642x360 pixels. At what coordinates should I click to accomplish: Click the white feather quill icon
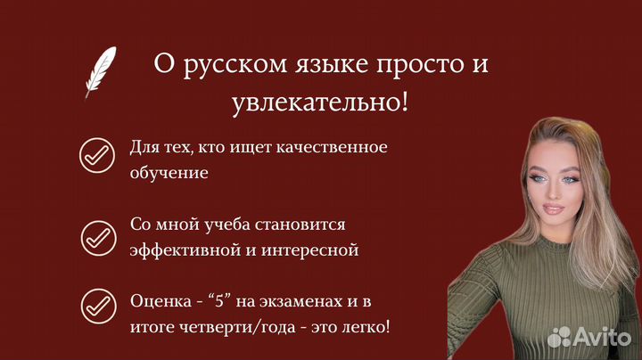pos(100,72)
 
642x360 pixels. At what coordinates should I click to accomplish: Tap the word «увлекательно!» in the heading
pos(320,102)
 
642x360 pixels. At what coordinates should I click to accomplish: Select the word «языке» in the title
pos(332,65)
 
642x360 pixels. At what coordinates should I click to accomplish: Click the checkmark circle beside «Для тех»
pos(97,155)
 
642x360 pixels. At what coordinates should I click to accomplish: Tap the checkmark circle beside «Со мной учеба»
pos(98,238)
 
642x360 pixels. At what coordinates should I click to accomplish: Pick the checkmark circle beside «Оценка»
pos(98,307)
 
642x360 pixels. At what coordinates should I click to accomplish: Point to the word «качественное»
pos(332,147)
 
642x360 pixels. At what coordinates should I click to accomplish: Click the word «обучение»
pos(169,173)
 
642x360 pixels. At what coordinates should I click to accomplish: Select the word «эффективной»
pos(185,250)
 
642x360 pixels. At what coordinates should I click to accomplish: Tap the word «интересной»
pos(310,250)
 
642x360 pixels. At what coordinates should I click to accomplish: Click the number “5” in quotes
pos(220,301)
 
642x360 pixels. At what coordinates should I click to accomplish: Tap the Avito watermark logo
pos(589,337)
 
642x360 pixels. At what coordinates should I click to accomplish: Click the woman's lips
pos(553,209)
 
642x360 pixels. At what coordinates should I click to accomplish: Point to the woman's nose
pos(551,192)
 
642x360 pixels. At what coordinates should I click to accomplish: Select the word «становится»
pos(300,225)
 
